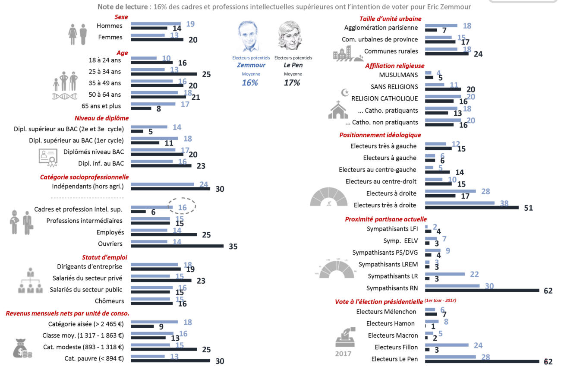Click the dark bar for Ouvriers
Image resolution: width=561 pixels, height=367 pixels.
click(x=177, y=246)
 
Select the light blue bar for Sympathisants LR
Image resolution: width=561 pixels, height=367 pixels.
click(x=445, y=274)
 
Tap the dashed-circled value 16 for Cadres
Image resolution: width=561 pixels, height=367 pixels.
click(x=182, y=207)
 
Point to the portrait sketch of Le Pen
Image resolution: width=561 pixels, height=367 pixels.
click(x=290, y=35)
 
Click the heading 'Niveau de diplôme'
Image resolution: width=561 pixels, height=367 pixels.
click(x=101, y=118)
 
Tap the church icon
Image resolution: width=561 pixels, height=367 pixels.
click(x=338, y=110)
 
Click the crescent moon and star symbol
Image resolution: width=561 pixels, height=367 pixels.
click(x=345, y=92)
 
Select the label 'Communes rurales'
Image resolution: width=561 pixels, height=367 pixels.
click(x=391, y=51)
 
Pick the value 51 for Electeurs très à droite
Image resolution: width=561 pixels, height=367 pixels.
click(x=529, y=208)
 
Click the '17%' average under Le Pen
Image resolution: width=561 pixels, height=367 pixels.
click(x=292, y=82)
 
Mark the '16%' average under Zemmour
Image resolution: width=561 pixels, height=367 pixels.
click(x=250, y=82)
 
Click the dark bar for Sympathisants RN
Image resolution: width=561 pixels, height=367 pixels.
click(x=482, y=290)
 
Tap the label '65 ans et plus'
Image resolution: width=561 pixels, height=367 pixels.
click(x=101, y=106)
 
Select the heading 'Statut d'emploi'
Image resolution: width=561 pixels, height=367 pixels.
click(x=104, y=257)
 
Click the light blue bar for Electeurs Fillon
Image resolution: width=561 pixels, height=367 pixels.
click(x=447, y=345)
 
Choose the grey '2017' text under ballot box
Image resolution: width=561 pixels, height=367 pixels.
click(x=343, y=354)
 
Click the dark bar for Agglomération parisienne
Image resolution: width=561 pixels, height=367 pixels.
click(x=431, y=30)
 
